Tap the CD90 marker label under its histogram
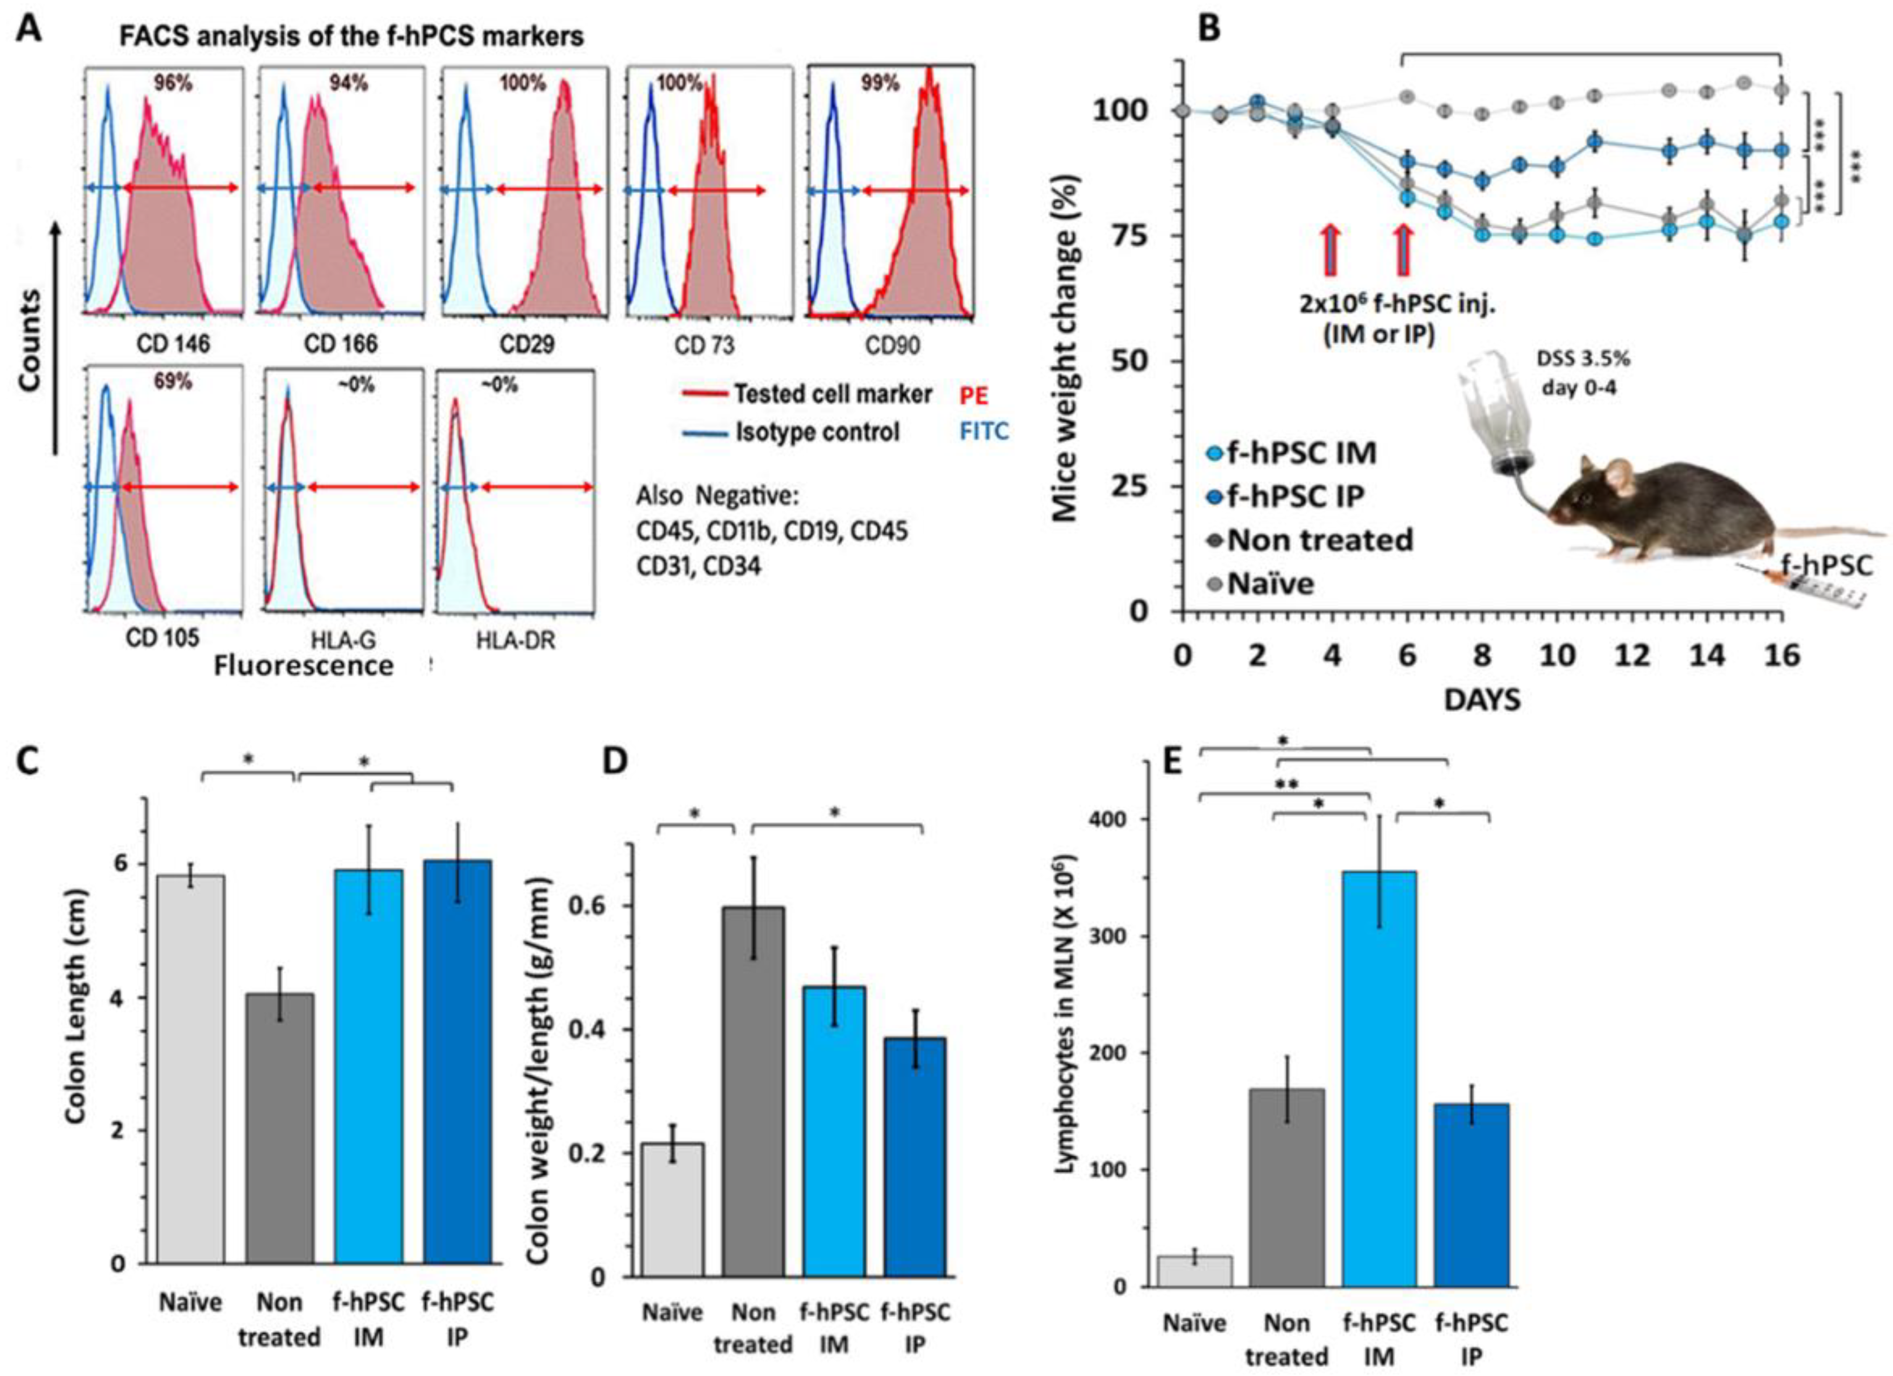(x=892, y=344)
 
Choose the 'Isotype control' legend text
(x=817, y=432)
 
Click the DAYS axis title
(x=1482, y=698)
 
